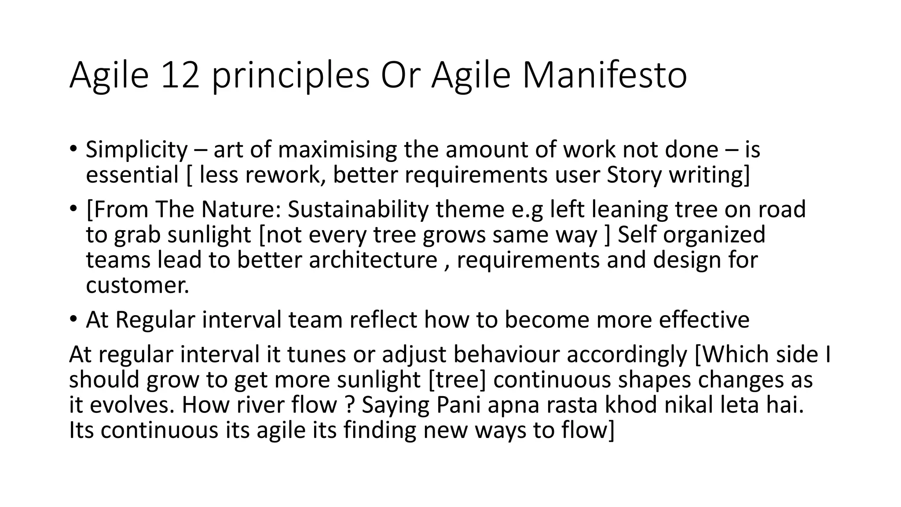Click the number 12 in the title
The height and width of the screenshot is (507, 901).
coord(179,75)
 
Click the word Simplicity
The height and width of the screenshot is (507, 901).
coord(137,151)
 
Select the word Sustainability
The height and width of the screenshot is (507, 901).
coord(358,210)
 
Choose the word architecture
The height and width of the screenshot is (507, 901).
coord(373,260)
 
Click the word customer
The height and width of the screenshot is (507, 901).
coord(137,286)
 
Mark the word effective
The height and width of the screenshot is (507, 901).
coord(704,320)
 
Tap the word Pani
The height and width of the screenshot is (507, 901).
coord(458,405)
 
